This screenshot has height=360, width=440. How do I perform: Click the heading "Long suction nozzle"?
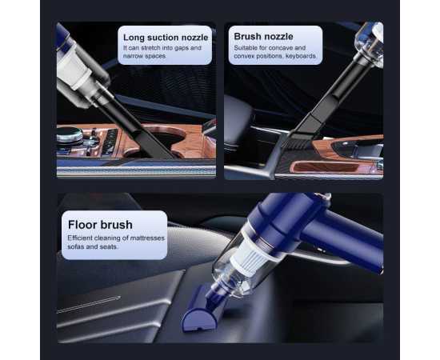(x=165, y=36)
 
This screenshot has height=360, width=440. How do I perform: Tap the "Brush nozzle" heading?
(x=263, y=36)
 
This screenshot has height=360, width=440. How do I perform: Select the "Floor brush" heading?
(x=100, y=224)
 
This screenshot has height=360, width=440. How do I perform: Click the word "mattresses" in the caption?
(x=141, y=238)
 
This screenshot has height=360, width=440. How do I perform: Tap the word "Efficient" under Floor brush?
(x=81, y=238)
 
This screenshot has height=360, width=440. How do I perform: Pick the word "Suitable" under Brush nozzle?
(x=246, y=48)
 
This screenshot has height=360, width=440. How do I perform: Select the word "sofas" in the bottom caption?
(x=78, y=246)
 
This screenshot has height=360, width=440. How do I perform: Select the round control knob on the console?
(x=65, y=138)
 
